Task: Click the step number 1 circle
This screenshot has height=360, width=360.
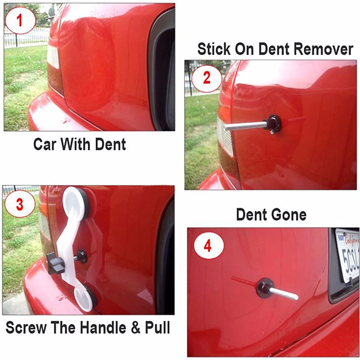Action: coord(19,20)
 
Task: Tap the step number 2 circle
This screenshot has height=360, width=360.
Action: coord(207,78)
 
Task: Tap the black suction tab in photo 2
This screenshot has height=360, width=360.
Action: coord(274,124)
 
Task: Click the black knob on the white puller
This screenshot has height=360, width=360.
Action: coord(55,261)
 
